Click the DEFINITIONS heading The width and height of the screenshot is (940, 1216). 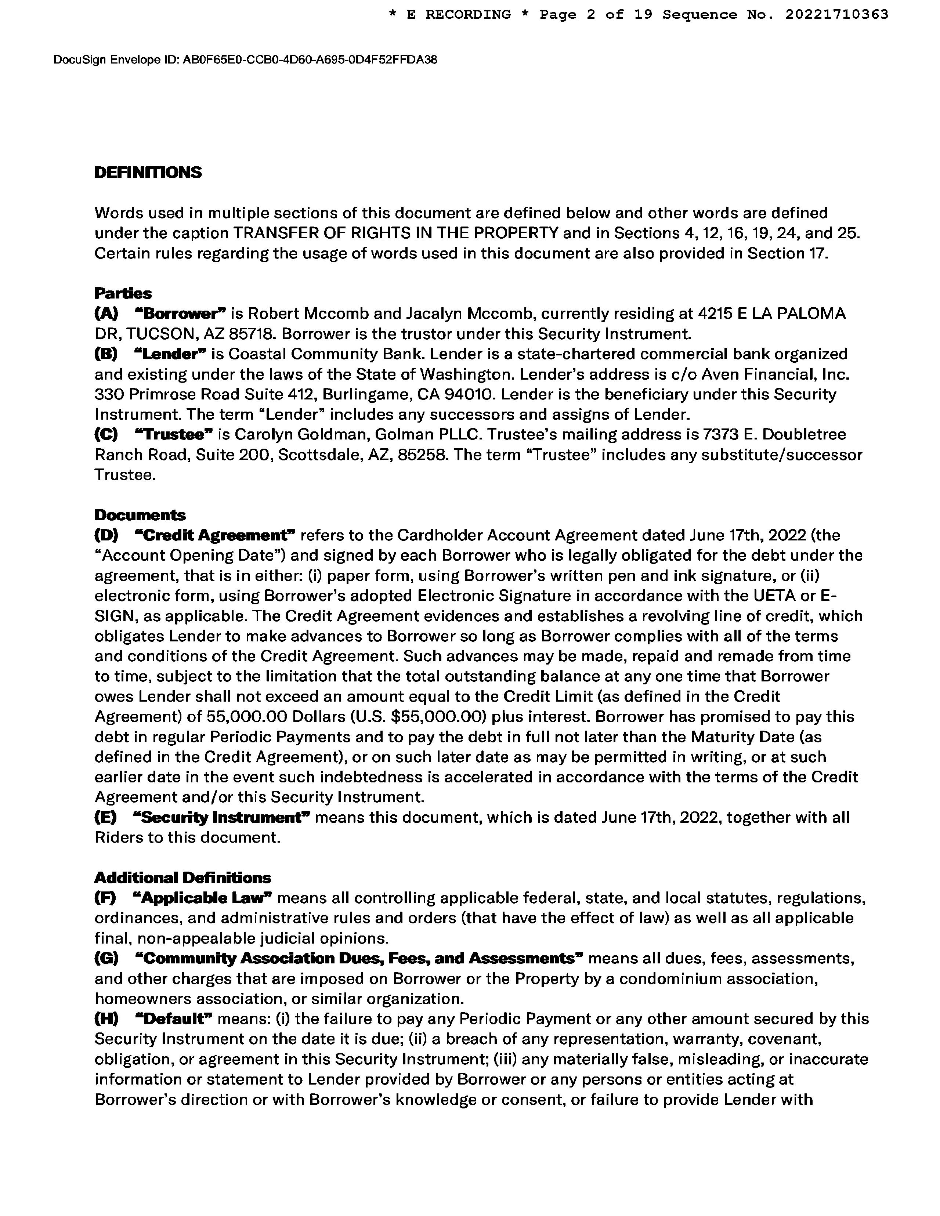[x=148, y=173]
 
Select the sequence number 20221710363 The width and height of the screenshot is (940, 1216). [x=836, y=14]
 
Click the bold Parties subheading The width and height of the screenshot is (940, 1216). [x=123, y=293]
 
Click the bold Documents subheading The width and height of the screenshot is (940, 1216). [x=140, y=515]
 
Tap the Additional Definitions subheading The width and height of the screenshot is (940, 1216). [x=182, y=878]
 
